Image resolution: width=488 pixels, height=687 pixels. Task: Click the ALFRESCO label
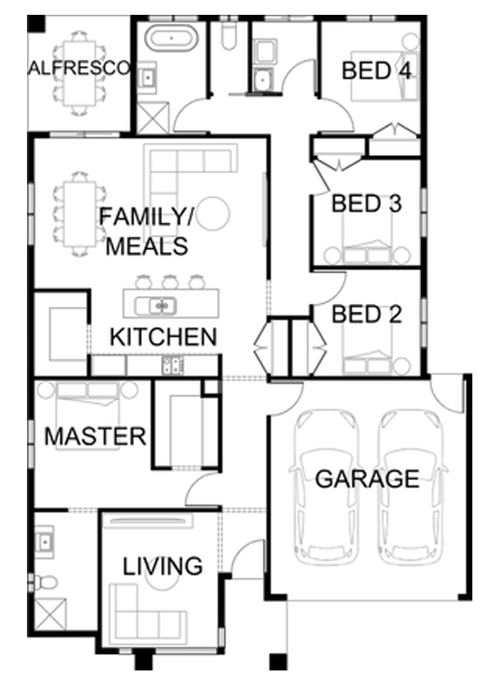click(x=79, y=68)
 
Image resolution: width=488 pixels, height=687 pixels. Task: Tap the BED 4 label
click(x=377, y=71)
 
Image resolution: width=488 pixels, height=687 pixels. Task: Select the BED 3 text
click(x=366, y=203)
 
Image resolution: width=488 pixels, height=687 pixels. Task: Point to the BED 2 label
click(x=366, y=314)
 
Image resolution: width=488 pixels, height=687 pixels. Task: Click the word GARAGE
click(x=367, y=478)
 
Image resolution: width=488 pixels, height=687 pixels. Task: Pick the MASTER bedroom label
click(x=96, y=436)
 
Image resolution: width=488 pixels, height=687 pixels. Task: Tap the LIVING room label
click(x=163, y=566)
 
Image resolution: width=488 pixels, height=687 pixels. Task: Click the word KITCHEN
click(x=164, y=337)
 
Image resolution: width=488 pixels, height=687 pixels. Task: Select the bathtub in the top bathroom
click(x=171, y=38)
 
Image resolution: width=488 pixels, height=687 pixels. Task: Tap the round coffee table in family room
click(x=212, y=213)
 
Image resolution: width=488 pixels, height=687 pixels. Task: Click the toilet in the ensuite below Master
click(x=44, y=582)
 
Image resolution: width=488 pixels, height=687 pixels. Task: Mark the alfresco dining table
click(x=79, y=73)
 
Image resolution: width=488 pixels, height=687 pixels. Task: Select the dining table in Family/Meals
click(x=79, y=214)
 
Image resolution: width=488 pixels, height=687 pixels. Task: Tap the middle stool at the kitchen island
click(x=170, y=282)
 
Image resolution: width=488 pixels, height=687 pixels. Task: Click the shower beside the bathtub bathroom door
click(x=153, y=118)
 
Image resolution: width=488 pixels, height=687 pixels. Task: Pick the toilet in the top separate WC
click(x=230, y=36)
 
